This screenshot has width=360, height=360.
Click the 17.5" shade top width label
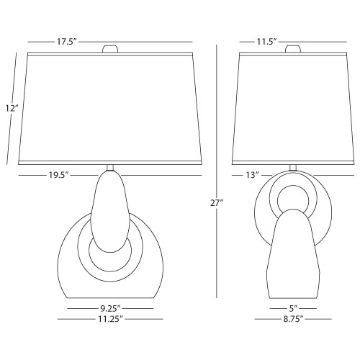click(66, 42)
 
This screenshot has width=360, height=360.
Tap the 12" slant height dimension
click(12, 109)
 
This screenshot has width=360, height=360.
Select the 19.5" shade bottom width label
click(59, 175)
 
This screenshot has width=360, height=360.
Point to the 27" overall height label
click(217, 203)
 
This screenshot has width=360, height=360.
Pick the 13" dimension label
click(252, 175)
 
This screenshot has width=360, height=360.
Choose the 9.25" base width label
click(110, 308)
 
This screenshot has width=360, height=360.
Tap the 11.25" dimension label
click(110, 319)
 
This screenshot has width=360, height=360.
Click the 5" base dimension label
click(293, 308)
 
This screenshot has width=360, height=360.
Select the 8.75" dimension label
click(293, 319)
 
